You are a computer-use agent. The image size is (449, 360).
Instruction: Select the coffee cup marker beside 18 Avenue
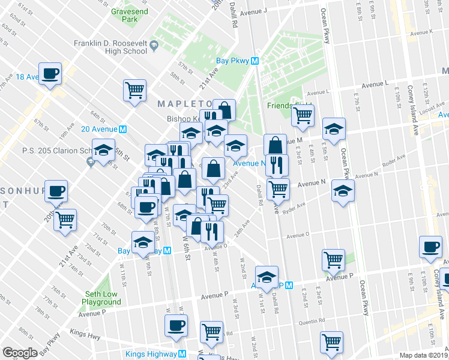(x=50, y=73)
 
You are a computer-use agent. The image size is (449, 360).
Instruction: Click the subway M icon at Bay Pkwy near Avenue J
(x=255, y=61)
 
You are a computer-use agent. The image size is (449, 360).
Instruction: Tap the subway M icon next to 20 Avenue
(x=122, y=129)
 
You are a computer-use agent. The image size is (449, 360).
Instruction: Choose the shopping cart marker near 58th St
(x=135, y=90)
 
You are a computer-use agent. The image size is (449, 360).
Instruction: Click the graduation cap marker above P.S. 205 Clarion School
(x=104, y=149)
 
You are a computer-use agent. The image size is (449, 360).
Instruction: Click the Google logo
(x=20, y=353)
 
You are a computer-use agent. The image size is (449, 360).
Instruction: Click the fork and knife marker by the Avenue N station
(x=277, y=164)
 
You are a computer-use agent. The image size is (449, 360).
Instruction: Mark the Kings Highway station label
(x=154, y=354)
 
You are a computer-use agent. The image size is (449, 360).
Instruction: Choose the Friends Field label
(x=285, y=107)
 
